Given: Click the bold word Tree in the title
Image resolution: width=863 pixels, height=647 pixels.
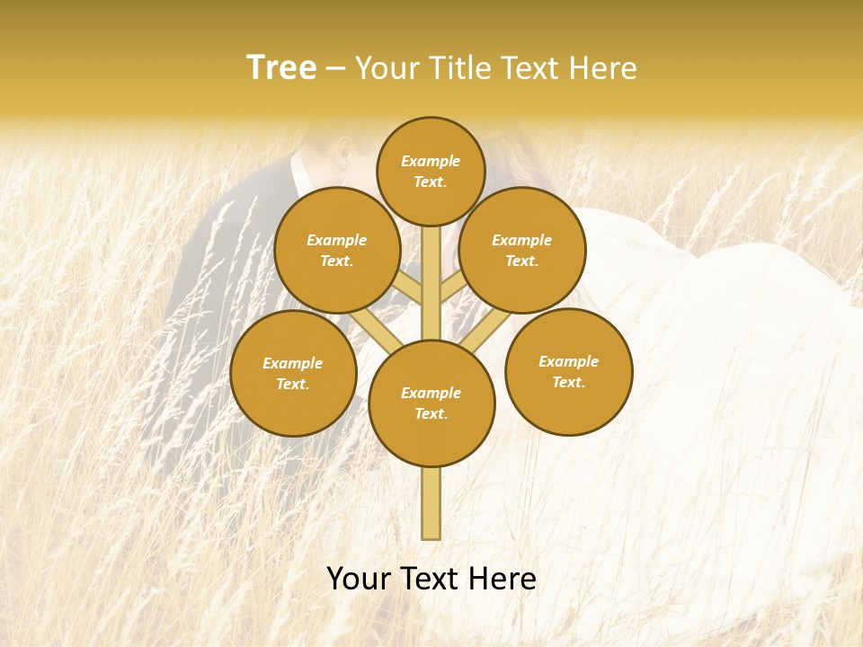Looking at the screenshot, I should pos(281,68).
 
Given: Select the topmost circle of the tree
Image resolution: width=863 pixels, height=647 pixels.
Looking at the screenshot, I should pos(431,172).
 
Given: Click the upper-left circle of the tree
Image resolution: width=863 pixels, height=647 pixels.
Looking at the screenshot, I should pos(337,250).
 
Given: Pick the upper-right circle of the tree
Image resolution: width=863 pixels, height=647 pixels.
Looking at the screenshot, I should pos(522,250).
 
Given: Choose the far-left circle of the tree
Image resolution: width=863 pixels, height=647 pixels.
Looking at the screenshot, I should pos(293,373).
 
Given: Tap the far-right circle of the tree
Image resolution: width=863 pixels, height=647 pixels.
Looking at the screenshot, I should pos(568,371).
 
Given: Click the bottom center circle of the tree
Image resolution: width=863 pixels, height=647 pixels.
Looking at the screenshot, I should pos(431,403).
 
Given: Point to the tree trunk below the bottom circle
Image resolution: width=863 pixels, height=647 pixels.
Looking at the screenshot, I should pos(431,503).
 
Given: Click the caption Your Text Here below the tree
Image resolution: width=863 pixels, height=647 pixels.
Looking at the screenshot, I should pos(431,579).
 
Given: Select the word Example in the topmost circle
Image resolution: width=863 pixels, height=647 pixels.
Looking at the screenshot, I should pos(431,162).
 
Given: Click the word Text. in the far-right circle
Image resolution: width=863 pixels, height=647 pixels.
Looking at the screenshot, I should pos(568,382).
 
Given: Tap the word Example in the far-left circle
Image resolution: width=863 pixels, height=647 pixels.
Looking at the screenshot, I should pos(293,363).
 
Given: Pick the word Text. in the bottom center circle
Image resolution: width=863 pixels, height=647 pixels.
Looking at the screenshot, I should pos(431,413).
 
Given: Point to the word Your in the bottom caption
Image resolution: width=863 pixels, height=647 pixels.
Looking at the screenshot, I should pos(359,579).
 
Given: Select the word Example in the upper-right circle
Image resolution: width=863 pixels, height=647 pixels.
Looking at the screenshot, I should pos(522,240).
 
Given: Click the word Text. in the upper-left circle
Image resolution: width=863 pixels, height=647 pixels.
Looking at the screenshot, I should pos(337,261).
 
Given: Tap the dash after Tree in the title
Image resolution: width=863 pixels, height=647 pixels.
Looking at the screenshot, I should pos(336,68).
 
